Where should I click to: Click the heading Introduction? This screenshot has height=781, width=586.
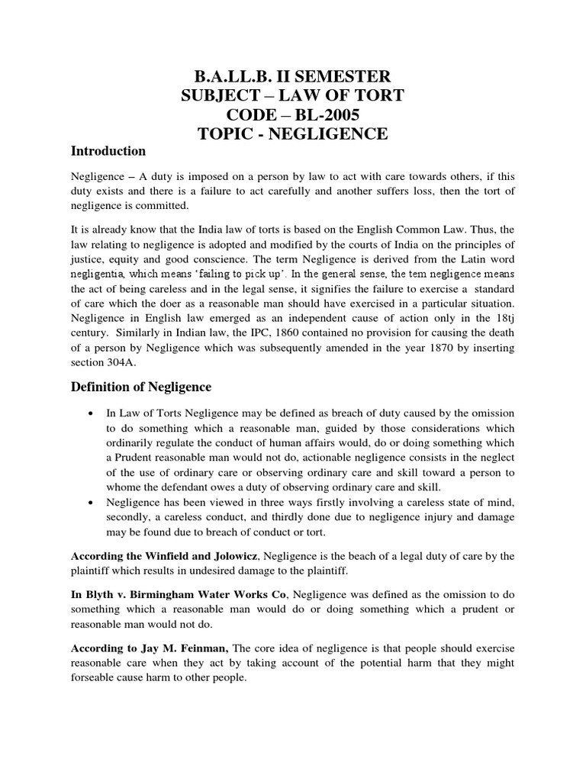pos(108,150)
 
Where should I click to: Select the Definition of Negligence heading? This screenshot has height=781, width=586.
pos(141,387)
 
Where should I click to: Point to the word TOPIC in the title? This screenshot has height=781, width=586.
pos(229,135)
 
